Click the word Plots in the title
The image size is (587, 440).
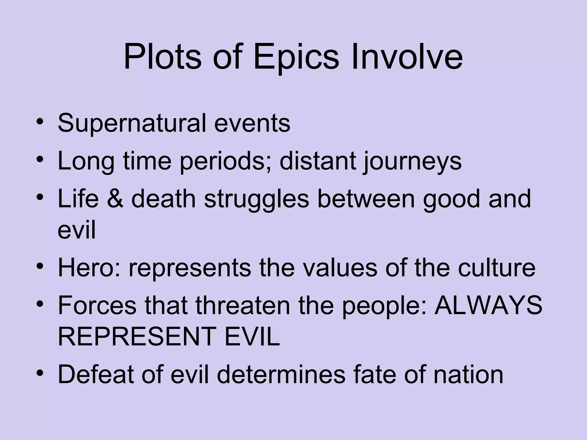pyautogui.click(x=163, y=57)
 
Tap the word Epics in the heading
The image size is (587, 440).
pyautogui.click(x=296, y=57)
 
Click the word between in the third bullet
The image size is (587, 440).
pyautogui.click(x=366, y=199)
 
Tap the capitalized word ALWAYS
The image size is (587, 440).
pyautogui.click(x=488, y=306)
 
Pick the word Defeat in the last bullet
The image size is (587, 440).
pyautogui.click(x=96, y=374)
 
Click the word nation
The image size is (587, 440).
pyautogui.click(x=468, y=374)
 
